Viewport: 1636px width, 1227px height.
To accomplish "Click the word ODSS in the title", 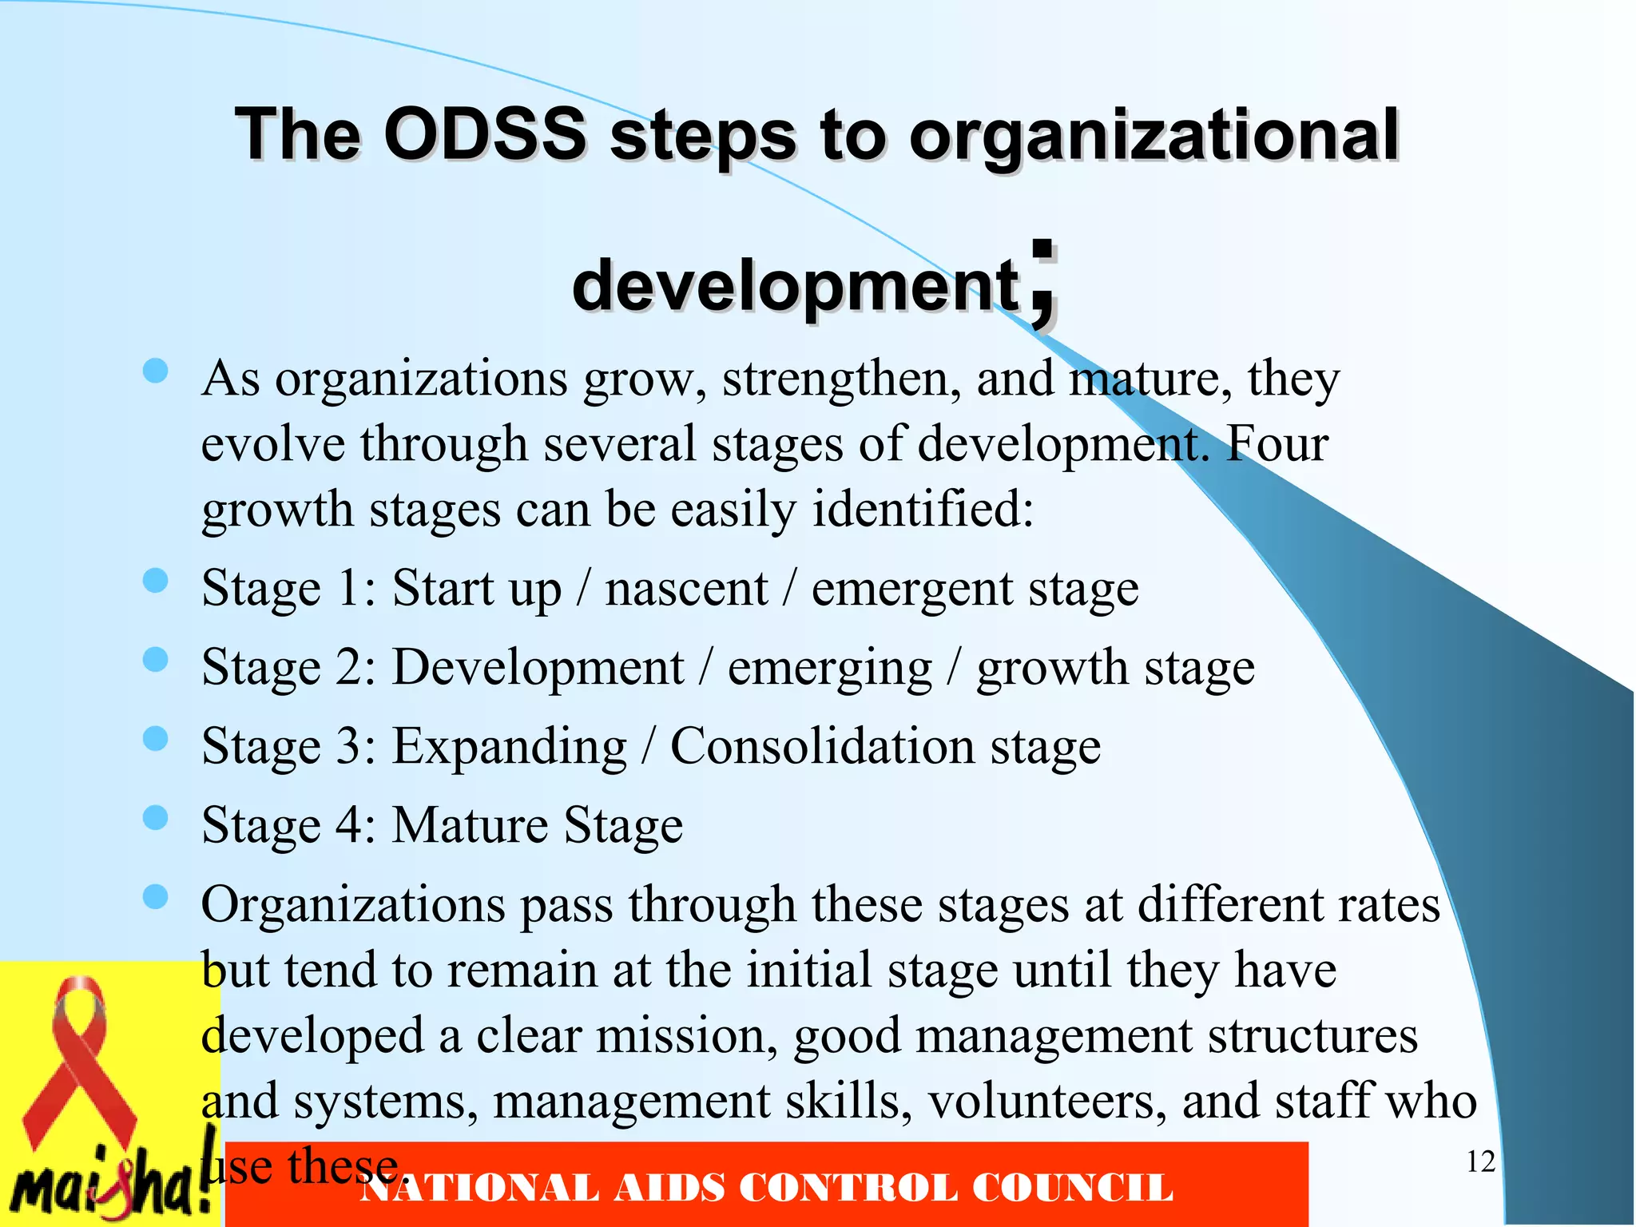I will point(485,134).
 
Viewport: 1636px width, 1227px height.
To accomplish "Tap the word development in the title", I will point(796,286).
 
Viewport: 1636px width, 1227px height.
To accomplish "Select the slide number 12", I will point(1480,1162).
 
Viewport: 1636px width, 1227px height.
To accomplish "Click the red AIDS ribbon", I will point(79,1062).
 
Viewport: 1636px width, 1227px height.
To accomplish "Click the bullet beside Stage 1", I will point(155,582).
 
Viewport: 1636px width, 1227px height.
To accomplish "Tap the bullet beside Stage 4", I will point(155,818).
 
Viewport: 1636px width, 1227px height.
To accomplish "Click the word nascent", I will point(686,590).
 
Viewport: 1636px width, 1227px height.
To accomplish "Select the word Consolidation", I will point(822,747).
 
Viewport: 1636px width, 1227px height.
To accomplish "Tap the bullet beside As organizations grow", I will point(155,371).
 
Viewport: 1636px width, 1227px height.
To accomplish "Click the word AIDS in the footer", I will point(669,1188).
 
